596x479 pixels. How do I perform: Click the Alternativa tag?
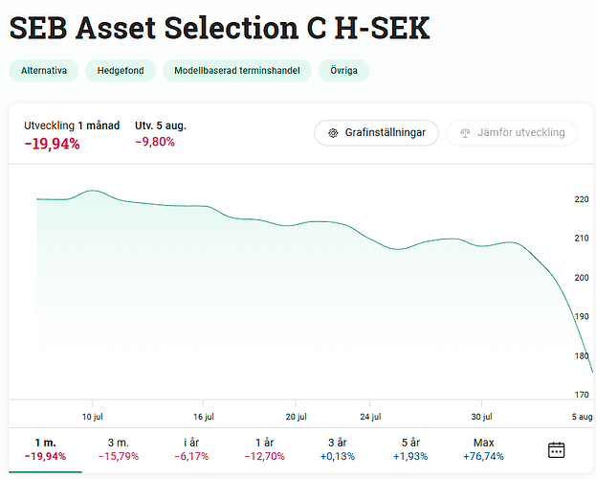pos(43,71)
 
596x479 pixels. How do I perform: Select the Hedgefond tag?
pos(120,71)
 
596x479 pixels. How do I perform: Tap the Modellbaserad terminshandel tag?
pos(236,71)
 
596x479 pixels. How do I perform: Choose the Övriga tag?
pos(343,71)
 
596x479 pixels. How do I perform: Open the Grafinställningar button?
pos(376,132)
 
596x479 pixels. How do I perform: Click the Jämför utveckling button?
pos(512,132)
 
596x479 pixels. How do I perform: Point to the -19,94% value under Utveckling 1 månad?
pos(52,144)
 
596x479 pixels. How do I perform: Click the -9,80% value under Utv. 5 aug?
pos(155,142)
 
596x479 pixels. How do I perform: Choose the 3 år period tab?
pos(337,448)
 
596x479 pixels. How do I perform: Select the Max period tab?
pos(483,448)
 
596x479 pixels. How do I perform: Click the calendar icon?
pos(556,449)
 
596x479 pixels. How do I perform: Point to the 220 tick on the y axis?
pos(582,199)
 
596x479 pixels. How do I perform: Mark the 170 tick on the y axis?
pos(582,394)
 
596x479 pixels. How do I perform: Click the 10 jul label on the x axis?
pos(92,417)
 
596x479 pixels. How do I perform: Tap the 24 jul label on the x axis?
pos(370,417)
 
